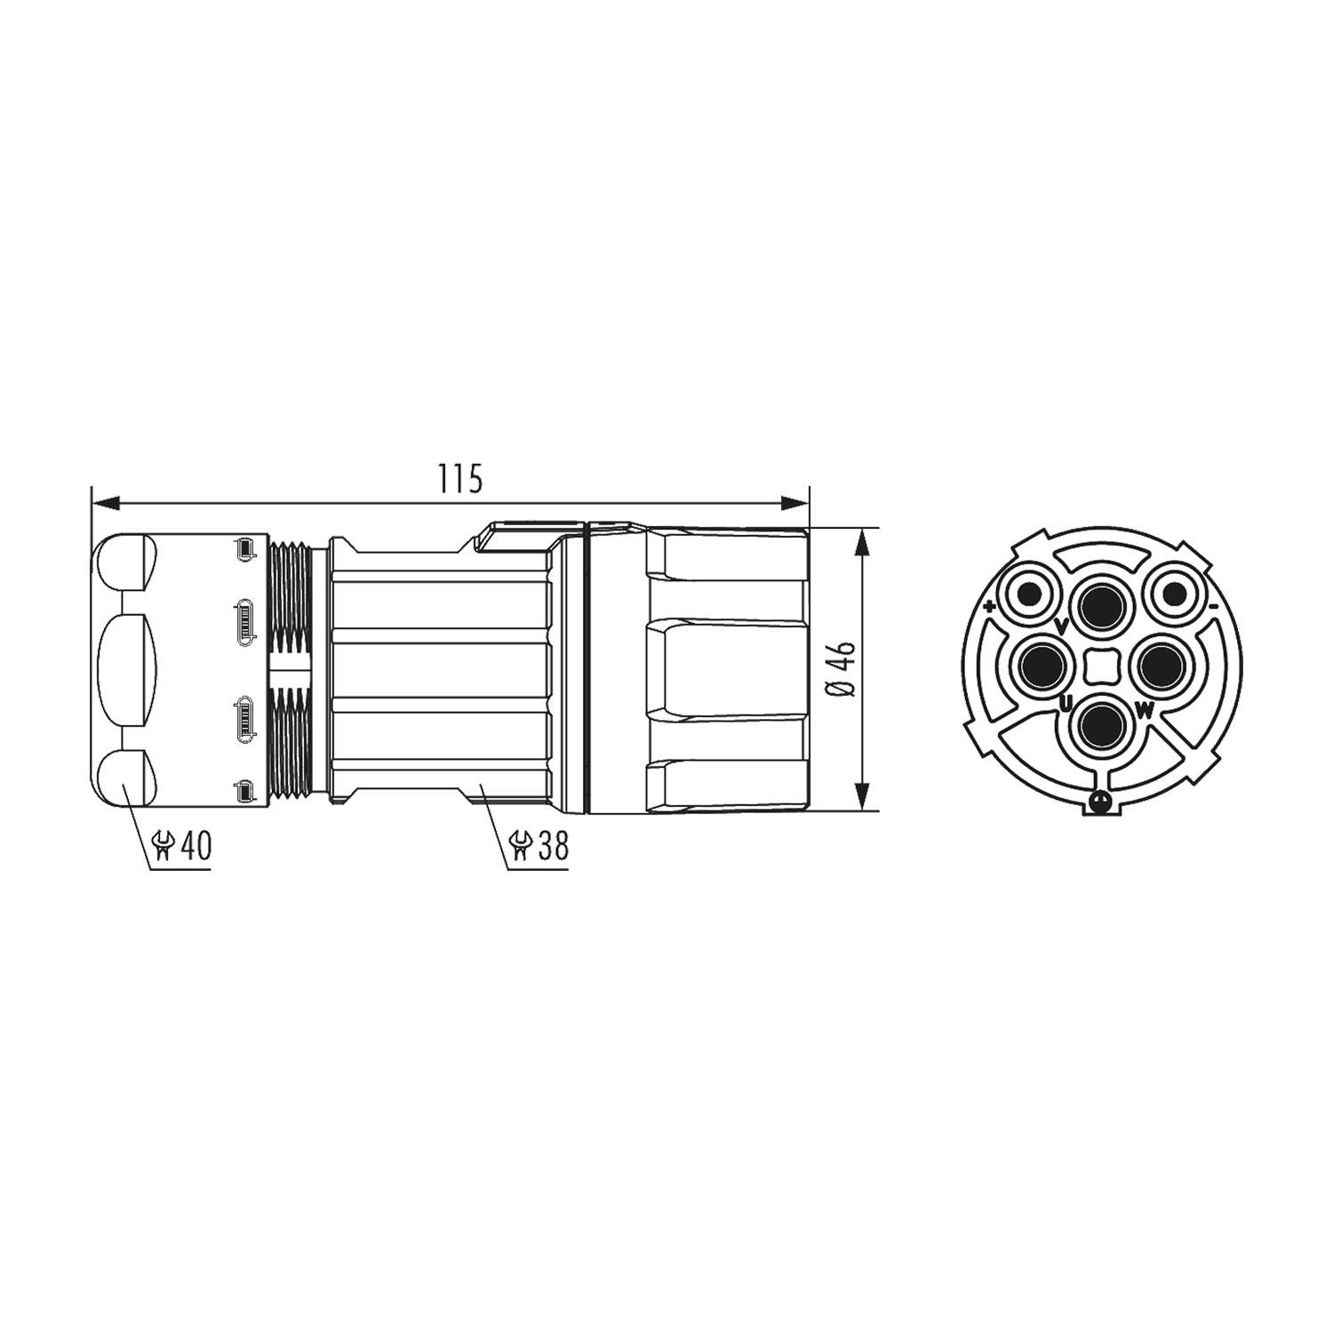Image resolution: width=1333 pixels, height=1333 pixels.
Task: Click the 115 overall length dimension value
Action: pyautogui.click(x=459, y=480)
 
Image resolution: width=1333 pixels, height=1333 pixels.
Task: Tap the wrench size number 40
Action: pyautogui.click(x=196, y=845)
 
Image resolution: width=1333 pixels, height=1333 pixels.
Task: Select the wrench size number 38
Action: pyautogui.click(x=552, y=845)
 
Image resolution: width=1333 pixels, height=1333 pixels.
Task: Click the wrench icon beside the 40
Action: pyautogui.click(x=164, y=846)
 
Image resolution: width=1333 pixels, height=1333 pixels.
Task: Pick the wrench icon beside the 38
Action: pyautogui.click(x=520, y=846)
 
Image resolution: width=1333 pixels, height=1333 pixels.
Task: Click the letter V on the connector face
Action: pyautogui.click(x=1060, y=627)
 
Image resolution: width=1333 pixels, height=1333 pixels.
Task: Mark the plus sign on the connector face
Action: pyautogui.click(x=989, y=608)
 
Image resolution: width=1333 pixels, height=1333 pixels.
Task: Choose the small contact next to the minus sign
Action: pyautogui.click(x=1173, y=595)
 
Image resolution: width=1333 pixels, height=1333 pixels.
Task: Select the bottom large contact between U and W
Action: pyautogui.click(x=1101, y=724)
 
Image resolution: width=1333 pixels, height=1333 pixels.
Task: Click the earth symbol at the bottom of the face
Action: pyautogui.click(x=1101, y=802)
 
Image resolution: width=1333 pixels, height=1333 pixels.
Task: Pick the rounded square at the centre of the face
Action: pyautogui.click(x=1101, y=666)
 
